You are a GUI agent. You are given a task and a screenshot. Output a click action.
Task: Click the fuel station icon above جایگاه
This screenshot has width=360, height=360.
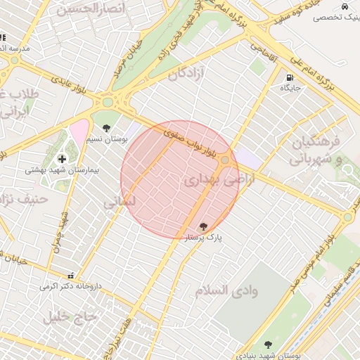tap(290, 77)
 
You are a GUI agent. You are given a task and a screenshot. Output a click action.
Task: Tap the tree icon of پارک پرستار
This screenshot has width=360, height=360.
tap(203, 226)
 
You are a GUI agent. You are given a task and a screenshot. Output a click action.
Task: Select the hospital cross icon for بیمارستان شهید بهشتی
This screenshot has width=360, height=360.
tap(62, 160)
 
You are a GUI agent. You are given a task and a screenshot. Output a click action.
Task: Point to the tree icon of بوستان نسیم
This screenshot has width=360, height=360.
tap(106, 128)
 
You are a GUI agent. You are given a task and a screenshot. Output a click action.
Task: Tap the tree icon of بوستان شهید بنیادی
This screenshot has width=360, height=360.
tap(267, 345)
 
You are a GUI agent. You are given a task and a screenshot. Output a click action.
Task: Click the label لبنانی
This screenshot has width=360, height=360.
tap(119, 202)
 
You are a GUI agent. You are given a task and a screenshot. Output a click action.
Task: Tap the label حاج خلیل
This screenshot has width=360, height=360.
tap(69, 316)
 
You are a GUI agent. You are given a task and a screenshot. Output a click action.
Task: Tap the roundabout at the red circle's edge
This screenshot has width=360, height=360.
tap(225, 161)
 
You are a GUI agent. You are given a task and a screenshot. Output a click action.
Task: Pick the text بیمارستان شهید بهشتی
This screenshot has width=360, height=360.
tap(63, 170)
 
